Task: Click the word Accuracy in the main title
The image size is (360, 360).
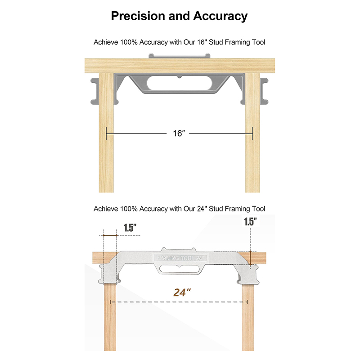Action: pos(220,17)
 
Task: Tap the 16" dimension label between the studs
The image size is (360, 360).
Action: pos(179,133)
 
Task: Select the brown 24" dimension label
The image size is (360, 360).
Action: pos(182,292)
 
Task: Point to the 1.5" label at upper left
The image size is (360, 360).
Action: pos(130,228)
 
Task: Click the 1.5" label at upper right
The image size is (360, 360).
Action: pos(250,222)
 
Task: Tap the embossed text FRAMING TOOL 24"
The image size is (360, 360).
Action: pos(180,258)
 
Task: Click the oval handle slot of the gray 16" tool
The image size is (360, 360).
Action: pos(179,83)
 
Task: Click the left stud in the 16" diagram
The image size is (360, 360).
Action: pos(106,133)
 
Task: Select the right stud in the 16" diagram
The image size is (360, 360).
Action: pos(252,133)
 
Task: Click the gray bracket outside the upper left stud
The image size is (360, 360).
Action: pos(95,91)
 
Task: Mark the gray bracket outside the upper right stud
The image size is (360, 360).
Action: pos(264,91)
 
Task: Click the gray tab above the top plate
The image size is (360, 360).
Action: pos(179,56)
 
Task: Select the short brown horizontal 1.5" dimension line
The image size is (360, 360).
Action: pos(110,235)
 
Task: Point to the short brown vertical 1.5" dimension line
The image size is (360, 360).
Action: pos(251,258)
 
